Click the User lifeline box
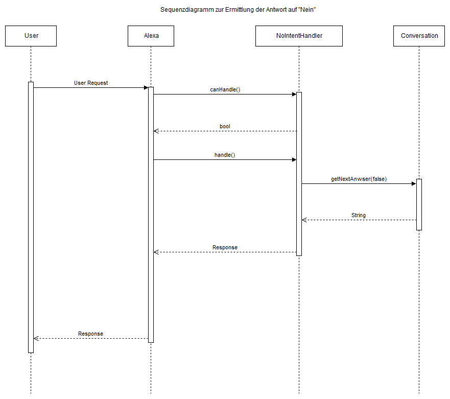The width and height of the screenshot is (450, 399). click(31, 36)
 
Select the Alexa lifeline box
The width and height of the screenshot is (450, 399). click(151, 36)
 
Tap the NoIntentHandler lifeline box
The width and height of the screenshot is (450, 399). click(299, 36)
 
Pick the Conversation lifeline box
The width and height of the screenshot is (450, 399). click(419, 36)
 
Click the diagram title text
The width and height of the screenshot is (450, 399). click(238, 10)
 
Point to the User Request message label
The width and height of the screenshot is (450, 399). click(91, 83)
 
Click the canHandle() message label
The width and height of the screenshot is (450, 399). click(225, 89)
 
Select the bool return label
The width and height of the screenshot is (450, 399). click(225, 126)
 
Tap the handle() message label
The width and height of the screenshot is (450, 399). click(225, 155)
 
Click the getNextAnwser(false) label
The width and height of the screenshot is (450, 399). click(359, 179)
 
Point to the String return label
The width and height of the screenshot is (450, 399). click(359, 215)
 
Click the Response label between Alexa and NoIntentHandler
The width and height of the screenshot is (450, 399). click(225, 247)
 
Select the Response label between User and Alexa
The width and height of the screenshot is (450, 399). click(91, 334)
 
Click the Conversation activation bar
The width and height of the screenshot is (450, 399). click(419, 205)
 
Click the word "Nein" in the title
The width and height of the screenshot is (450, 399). click(307, 10)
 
